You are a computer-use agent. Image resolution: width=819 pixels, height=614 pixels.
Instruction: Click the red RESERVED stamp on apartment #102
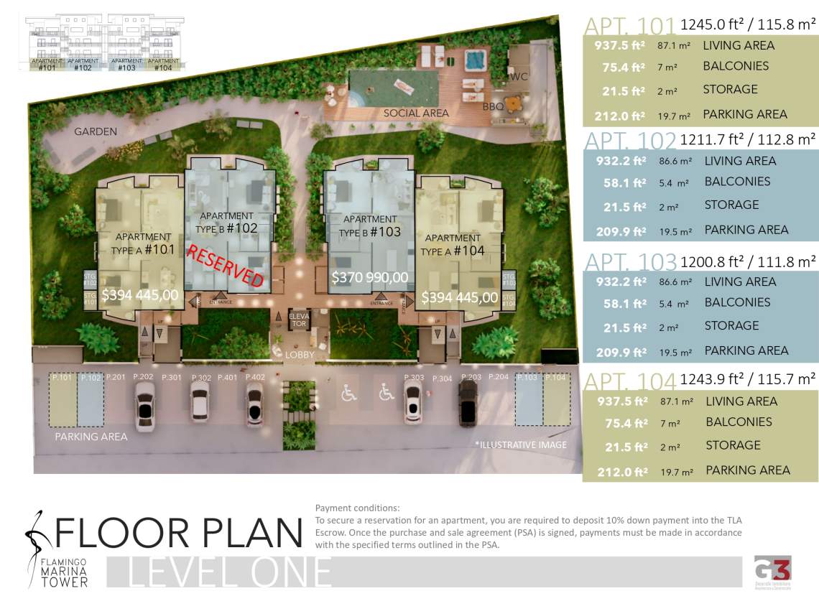point(226,266)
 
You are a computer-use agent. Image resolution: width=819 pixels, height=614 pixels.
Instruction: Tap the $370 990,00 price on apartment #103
point(369,277)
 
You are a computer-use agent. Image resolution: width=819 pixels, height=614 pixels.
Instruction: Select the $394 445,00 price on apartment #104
point(459,297)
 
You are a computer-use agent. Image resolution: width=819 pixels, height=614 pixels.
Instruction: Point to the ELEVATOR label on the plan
point(298,320)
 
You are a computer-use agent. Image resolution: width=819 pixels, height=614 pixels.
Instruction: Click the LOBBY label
point(300,355)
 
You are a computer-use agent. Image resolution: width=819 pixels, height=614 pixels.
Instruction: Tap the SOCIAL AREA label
point(416,113)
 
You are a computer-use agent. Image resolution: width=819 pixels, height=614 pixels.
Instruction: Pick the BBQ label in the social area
point(493,106)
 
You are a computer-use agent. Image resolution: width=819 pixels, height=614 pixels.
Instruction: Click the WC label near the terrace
point(519,76)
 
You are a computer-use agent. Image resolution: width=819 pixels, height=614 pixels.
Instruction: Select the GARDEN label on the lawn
point(96,131)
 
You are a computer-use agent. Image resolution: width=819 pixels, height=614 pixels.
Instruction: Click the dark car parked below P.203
point(468,402)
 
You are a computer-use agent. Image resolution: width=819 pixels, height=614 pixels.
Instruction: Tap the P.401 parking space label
point(227,377)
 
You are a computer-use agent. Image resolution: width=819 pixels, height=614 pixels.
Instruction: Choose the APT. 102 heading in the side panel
point(629,141)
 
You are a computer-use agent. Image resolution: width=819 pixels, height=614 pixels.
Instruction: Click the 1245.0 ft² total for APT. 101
point(747,24)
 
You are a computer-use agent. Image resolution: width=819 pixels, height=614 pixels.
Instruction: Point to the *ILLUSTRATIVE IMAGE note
point(520,445)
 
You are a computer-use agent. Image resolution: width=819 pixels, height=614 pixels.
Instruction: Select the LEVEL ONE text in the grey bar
point(229,572)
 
